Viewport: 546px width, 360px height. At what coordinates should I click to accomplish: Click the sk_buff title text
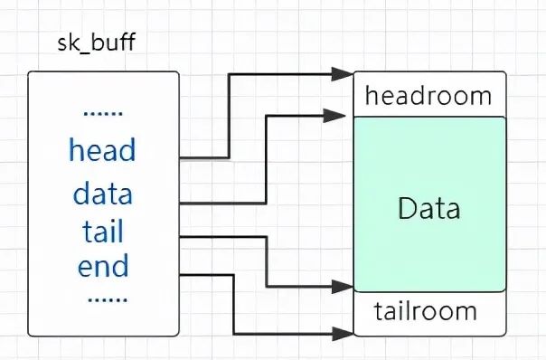(x=96, y=43)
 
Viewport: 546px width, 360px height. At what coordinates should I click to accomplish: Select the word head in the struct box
(x=102, y=150)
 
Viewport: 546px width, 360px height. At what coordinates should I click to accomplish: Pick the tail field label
(x=103, y=231)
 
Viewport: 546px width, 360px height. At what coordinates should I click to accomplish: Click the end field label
(x=103, y=266)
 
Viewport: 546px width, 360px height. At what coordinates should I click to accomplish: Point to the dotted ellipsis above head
(x=103, y=114)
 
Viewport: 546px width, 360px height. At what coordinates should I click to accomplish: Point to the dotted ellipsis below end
(x=108, y=299)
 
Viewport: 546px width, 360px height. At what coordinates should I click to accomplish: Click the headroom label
(x=428, y=96)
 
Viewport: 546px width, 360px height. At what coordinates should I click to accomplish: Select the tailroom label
(x=425, y=311)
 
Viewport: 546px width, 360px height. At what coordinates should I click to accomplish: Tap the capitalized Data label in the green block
(x=429, y=208)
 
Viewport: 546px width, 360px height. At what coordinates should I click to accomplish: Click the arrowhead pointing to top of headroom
(x=343, y=74)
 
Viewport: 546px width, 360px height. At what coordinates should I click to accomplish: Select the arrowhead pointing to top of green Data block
(x=334, y=116)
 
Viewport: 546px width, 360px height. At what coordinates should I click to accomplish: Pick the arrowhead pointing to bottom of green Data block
(x=343, y=287)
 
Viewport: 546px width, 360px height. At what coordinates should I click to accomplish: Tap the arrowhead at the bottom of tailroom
(x=343, y=334)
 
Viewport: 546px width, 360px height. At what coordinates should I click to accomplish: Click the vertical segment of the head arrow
(x=229, y=116)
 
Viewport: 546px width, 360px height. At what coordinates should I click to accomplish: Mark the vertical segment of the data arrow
(x=267, y=159)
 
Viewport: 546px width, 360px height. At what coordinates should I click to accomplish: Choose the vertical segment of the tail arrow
(x=267, y=261)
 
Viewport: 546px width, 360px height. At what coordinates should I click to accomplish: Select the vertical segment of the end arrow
(x=233, y=305)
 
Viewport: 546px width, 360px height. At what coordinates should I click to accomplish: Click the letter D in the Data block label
(x=408, y=208)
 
